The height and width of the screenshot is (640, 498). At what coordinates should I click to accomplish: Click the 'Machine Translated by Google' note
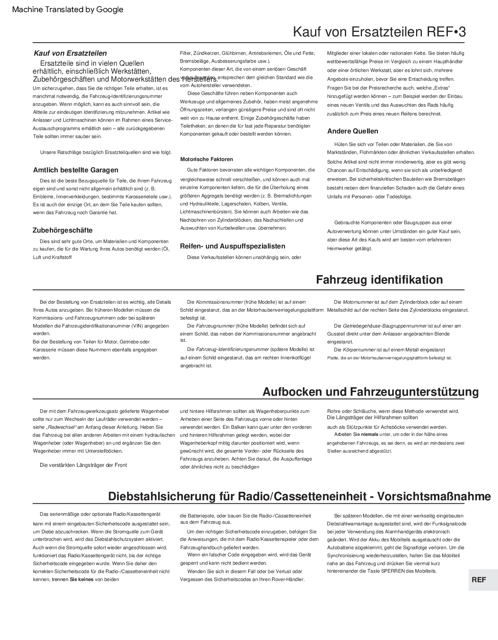(x=68, y=10)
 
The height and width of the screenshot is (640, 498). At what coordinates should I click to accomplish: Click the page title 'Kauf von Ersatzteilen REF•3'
(x=379, y=32)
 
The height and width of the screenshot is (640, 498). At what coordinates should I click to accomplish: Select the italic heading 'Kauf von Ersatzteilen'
(x=70, y=53)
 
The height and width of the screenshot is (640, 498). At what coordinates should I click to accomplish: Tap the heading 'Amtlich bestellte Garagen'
(x=76, y=170)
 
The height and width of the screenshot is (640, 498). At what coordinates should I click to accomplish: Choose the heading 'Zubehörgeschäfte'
(x=63, y=230)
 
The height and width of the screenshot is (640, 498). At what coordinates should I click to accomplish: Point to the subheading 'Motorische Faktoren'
(x=206, y=159)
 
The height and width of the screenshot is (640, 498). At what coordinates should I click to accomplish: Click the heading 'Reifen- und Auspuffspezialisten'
(x=233, y=246)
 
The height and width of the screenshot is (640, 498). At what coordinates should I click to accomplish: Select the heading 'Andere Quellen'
(x=352, y=131)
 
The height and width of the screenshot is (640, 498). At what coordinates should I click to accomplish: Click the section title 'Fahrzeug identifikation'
(x=379, y=279)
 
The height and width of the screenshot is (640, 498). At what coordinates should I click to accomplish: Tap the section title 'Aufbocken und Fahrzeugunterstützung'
(x=370, y=392)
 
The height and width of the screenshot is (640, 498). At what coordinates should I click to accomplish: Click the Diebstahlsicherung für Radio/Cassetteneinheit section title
(x=299, y=497)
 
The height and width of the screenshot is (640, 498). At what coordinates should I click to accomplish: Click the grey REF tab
(x=479, y=580)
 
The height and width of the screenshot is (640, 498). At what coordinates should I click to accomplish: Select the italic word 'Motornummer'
(x=358, y=302)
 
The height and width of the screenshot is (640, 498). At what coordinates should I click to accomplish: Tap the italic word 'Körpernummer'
(x=359, y=350)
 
